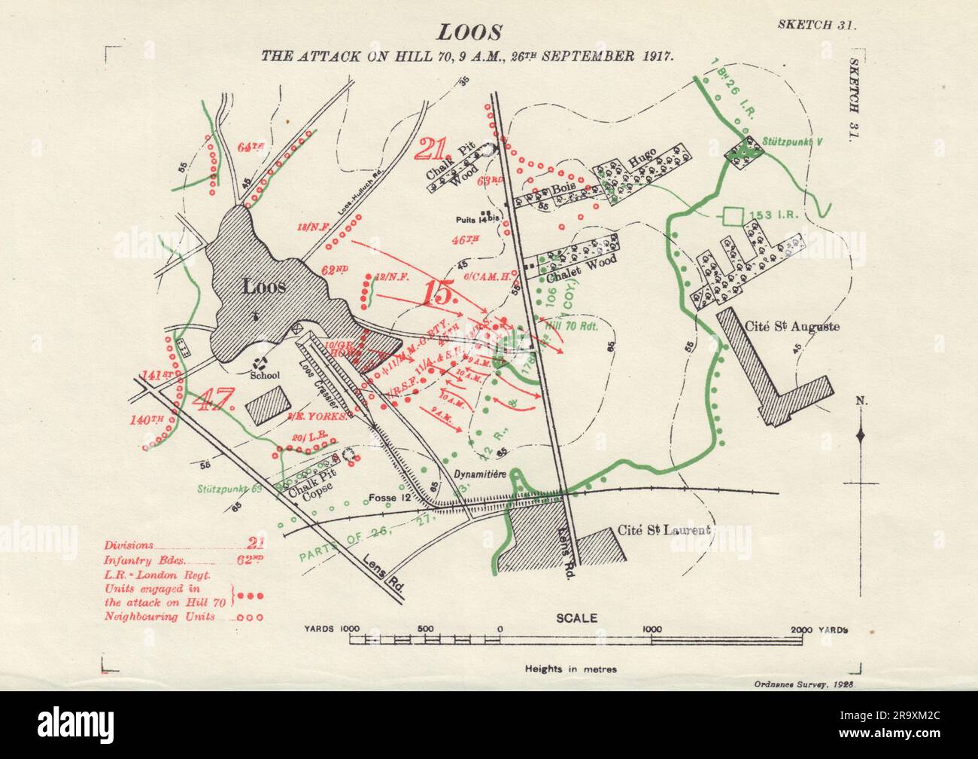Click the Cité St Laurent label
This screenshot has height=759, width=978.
pos(663,530)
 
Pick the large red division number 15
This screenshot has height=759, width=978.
pos(440,292)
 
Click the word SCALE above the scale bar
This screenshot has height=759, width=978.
pos(576,618)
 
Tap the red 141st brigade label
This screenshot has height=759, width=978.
pos(153,374)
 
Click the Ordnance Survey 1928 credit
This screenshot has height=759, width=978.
pos(806,685)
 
